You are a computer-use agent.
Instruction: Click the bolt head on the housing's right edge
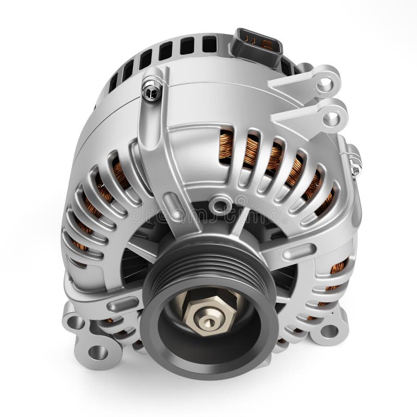pyautogui.click(x=355, y=161)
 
